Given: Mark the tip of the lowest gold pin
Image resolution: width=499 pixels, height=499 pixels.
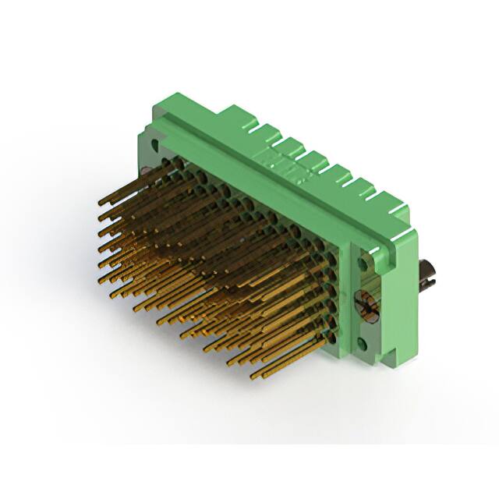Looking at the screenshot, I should (253, 377).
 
